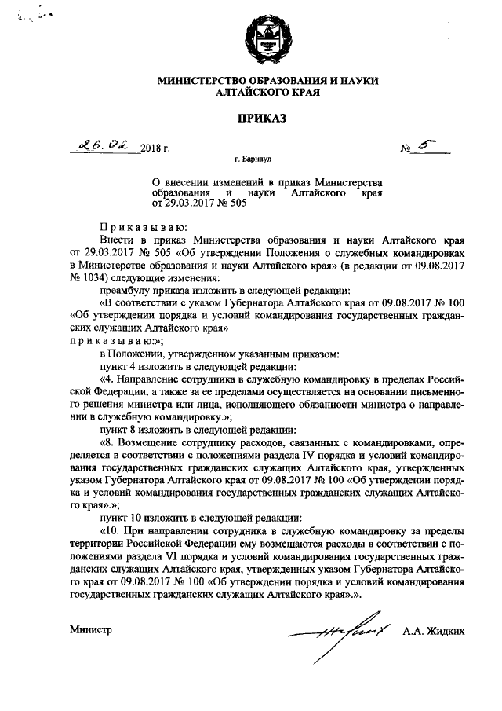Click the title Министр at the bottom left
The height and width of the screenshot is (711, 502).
click(92, 629)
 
